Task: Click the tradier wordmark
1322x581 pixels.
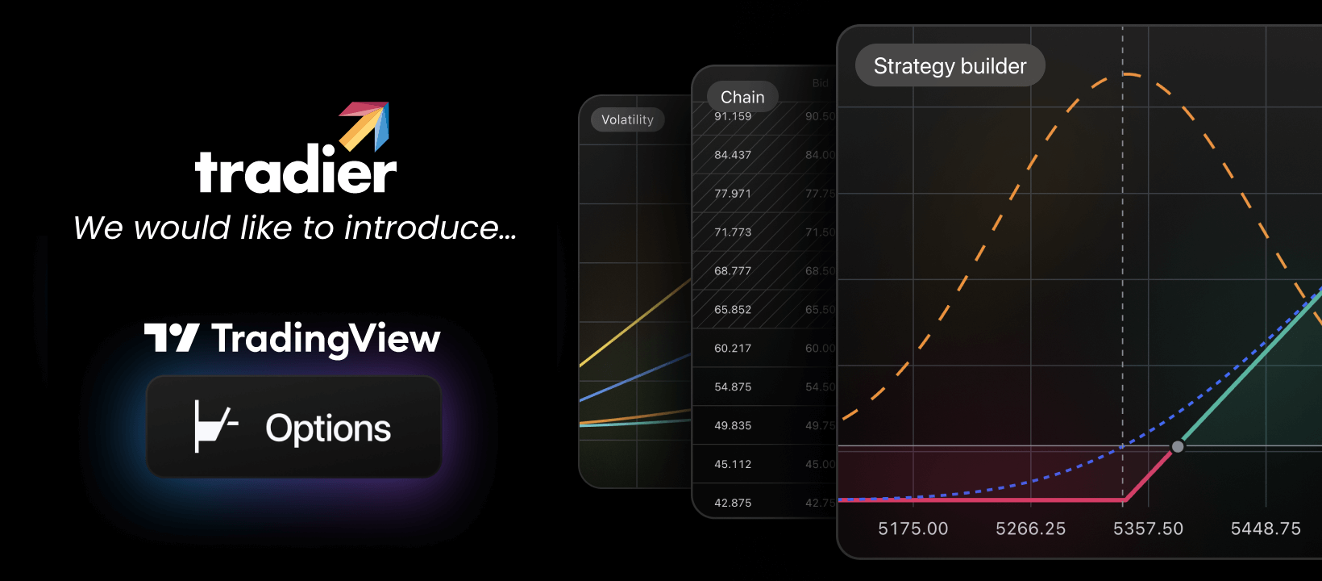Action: point(295,170)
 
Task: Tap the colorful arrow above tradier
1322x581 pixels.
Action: point(366,124)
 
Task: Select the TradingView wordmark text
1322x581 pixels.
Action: point(326,339)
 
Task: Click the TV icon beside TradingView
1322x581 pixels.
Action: point(172,337)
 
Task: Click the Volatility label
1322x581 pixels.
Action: point(627,120)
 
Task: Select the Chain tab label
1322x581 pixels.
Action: point(742,98)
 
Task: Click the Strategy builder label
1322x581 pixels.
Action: point(950,66)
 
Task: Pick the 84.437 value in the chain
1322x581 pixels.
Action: point(733,155)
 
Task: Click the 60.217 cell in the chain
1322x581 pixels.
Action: point(733,349)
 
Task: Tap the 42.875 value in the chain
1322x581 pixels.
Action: point(733,503)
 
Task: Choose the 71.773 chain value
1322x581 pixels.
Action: point(733,232)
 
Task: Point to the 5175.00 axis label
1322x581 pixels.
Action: point(913,529)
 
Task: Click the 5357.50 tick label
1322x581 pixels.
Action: point(1148,529)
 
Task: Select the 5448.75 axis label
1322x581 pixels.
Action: point(1266,529)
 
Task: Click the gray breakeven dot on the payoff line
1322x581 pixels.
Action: point(1178,446)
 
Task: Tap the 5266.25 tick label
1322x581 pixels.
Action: point(1030,529)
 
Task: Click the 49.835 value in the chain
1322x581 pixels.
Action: point(733,425)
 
